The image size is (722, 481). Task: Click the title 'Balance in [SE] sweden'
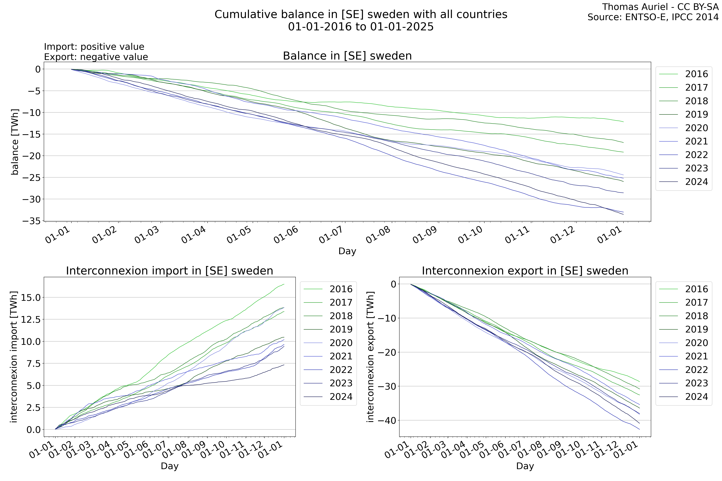pos(347,56)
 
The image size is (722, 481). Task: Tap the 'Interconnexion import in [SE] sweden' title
pos(170,271)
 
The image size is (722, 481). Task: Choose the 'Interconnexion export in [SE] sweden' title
pos(525,271)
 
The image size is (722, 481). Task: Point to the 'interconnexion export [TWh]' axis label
pos(370,357)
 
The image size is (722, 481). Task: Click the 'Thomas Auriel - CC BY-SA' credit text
pos(660,7)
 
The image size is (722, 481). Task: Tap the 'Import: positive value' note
pos(94,47)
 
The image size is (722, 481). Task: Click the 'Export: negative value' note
pos(96,57)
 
